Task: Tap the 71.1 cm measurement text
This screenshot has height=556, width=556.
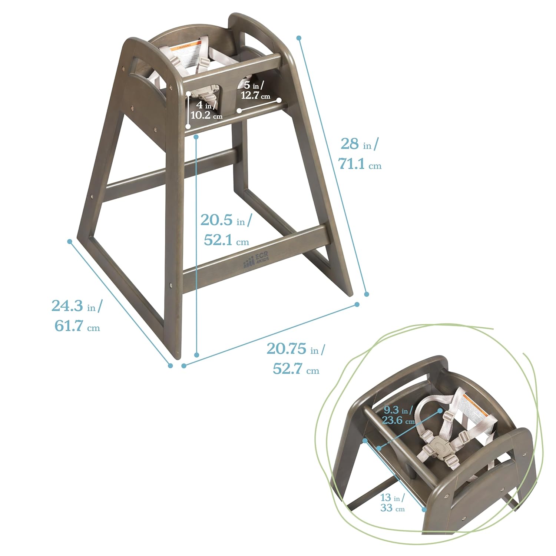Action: pyautogui.click(x=360, y=164)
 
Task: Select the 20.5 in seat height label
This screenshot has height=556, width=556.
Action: pyautogui.click(x=225, y=220)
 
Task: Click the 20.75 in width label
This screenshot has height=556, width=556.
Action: pyautogui.click(x=295, y=349)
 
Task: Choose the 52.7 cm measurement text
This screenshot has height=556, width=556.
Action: pyautogui.click(x=296, y=369)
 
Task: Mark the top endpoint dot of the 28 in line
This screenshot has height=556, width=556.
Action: pyautogui.click(x=299, y=38)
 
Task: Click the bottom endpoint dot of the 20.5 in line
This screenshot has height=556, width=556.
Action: pyautogui.click(x=197, y=355)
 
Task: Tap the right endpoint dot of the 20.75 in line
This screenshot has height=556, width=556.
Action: pyautogui.click(x=357, y=304)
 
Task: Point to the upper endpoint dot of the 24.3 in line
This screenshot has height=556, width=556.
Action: pyautogui.click(x=70, y=242)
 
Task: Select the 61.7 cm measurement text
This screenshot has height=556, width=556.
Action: pyautogui.click(x=77, y=327)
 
